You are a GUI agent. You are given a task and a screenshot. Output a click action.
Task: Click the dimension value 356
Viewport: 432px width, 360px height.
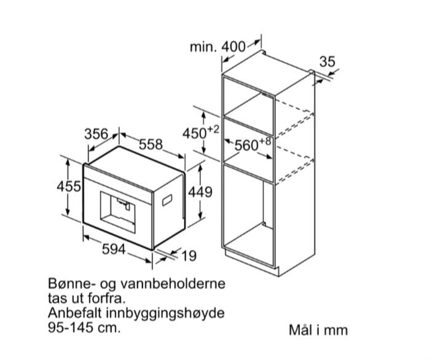[x=96, y=135]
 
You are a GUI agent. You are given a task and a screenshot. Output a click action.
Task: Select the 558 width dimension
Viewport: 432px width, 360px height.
[x=151, y=144]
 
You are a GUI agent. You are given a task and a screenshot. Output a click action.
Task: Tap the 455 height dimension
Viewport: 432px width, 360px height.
[x=69, y=187]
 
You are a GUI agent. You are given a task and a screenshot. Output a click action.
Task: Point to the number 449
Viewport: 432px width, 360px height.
[x=200, y=192]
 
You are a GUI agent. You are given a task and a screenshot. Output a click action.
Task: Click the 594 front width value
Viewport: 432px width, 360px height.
[x=114, y=249]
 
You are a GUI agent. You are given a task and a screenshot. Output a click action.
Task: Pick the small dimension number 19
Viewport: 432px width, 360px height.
[x=189, y=256]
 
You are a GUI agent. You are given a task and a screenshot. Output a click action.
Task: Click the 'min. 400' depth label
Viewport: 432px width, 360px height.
[x=218, y=47]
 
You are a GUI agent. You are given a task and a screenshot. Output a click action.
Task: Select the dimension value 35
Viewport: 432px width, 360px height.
[x=328, y=61]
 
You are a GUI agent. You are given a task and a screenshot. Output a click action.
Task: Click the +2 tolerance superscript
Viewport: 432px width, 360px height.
[x=213, y=129]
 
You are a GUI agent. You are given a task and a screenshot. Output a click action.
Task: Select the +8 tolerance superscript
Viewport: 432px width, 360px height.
[x=265, y=141]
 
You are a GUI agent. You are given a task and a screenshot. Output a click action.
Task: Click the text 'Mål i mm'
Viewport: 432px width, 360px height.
[x=318, y=330]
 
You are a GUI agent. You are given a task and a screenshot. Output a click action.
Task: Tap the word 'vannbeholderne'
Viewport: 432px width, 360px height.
[x=173, y=284]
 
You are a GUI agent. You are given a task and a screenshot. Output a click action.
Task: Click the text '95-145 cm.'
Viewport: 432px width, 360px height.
[x=84, y=328]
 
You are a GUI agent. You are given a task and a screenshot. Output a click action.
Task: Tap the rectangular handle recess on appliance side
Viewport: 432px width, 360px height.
[x=167, y=200]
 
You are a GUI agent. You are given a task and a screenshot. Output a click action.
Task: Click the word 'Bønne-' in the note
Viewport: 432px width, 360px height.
[x=69, y=284]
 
